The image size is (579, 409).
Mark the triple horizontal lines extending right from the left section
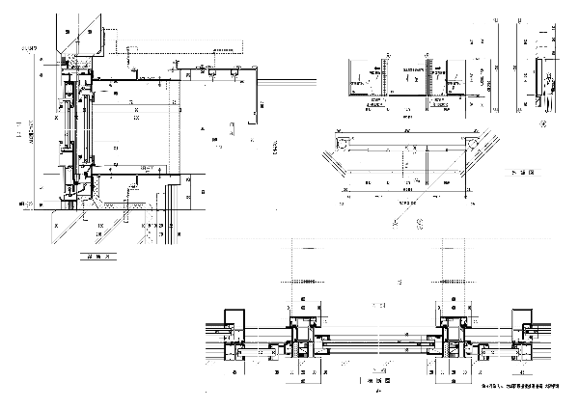coord(289,81)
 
